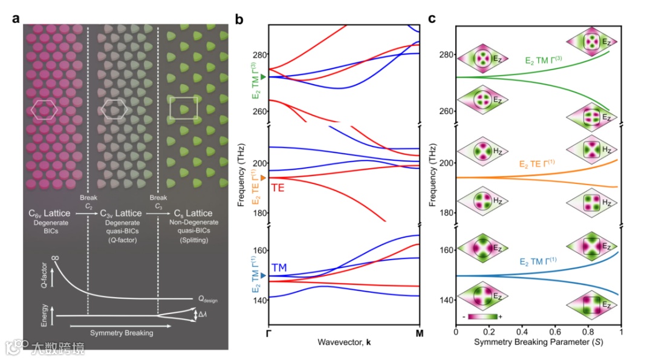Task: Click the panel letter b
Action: [x=239, y=19]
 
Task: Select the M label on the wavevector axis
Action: [x=420, y=332]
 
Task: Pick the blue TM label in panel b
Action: [x=279, y=267]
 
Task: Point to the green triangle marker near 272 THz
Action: [x=263, y=77]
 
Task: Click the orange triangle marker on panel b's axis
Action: [x=263, y=177]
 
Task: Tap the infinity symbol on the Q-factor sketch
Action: [x=55, y=259]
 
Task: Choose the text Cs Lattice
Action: [x=193, y=213]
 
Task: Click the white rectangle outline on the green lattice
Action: [x=184, y=108]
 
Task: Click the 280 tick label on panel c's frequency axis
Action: [x=447, y=55]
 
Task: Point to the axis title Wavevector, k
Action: [x=344, y=342]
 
